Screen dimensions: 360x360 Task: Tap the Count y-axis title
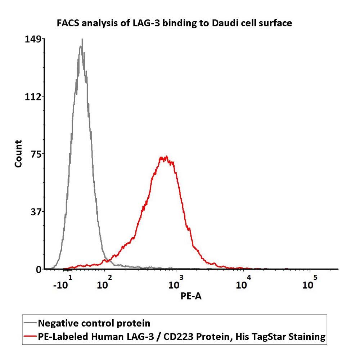tap(18, 154)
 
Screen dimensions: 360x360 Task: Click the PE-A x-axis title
tap(190, 296)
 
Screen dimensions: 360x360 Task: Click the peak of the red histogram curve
tap(165, 157)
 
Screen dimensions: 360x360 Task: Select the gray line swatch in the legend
tap(30, 323)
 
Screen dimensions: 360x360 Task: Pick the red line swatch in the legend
tap(30, 337)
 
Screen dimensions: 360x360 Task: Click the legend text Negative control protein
tap(94, 323)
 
